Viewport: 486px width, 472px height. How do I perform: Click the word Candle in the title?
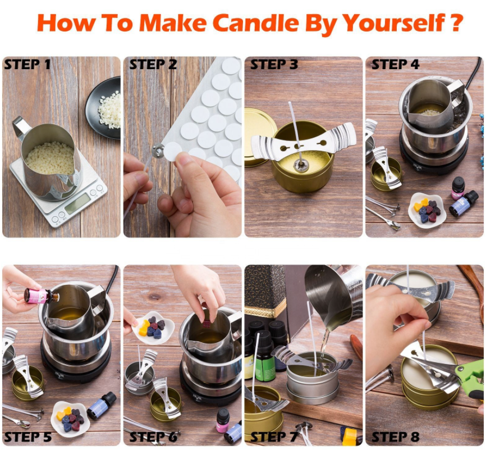[x=256, y=22]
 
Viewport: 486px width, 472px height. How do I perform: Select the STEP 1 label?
[x=27, y=65]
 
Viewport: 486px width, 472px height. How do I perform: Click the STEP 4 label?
[x=395, y=65]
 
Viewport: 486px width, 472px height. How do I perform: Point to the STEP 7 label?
[x=273, y=437]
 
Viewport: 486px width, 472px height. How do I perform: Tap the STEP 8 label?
[x=395, y=437]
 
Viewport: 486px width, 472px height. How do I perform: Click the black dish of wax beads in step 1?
[x=104, y=108]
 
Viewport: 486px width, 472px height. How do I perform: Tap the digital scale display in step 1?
[x=77, y=203]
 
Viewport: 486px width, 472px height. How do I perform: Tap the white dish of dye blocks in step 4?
[x=427, y=210]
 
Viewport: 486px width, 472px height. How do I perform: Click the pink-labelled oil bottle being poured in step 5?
[x=41, y=296]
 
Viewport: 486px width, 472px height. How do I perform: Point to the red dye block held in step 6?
[x=207, y=324]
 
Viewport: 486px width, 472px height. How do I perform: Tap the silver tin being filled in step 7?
[x=313, y=378]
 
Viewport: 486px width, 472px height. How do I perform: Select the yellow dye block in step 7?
[x=350, y=436]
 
